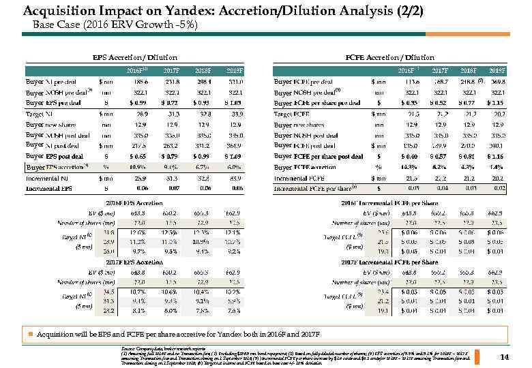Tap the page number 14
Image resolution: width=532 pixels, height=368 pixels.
(505, 356)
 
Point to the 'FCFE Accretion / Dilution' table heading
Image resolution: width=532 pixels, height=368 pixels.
(390, 57)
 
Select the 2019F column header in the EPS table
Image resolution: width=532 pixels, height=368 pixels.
(235, 70)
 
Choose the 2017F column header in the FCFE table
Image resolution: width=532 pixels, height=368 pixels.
(440, 70)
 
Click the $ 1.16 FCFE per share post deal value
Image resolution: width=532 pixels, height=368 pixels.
(496, 155)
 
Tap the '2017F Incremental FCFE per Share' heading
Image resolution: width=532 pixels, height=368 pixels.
(390, 262)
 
